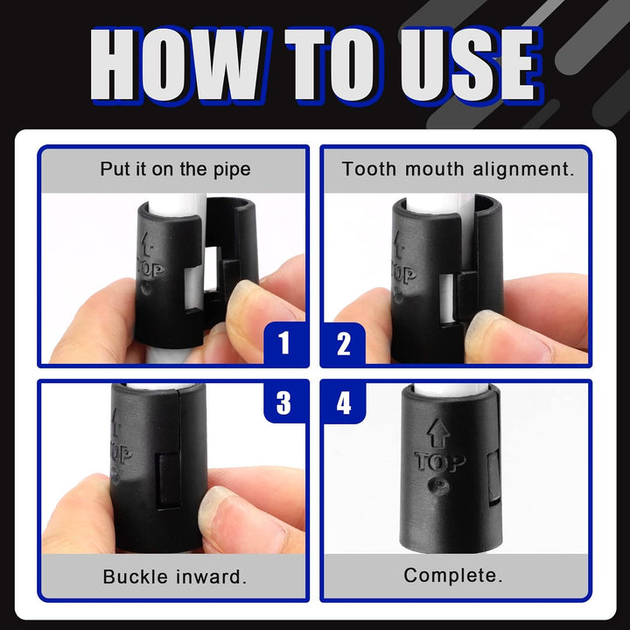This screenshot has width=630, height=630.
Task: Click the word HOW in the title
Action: coord(177,64)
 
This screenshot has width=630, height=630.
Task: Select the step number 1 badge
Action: coord(284,343)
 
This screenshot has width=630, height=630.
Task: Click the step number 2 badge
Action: coord(344,343)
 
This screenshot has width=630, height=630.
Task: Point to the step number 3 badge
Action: coord(283,402)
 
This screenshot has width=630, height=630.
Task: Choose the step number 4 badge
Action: coord(344,402)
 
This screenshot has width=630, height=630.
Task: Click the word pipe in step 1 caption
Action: coord(232,170)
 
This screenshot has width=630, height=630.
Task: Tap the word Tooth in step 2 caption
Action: coord(369,169)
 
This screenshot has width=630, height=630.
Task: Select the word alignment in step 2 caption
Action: coord(523,170)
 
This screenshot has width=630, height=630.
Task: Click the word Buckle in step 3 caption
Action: coord(136,577)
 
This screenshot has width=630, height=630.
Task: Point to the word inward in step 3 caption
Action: coord(211,577)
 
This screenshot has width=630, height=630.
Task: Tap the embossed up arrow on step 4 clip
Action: coord(438,433)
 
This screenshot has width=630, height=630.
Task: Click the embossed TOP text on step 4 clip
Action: coord(440,461)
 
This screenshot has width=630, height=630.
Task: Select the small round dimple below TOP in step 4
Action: coord(439,486)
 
